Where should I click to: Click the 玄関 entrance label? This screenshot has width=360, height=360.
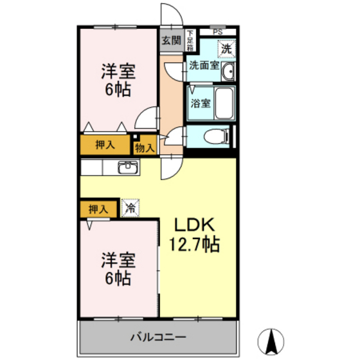pyautogui.click(x=170, y=40)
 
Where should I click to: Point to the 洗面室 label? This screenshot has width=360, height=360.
pyautogui.click(x=203, y=66)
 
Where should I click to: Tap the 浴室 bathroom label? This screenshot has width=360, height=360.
pyautogui.click(x=199, y=103)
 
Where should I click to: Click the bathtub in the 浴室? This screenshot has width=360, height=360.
pyautogui.click(x=223, y=102)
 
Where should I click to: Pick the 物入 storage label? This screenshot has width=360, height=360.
pyautogui.click(x=145, y=147)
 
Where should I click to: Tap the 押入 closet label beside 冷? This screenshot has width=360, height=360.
pyautogui.click(x=98, y=209)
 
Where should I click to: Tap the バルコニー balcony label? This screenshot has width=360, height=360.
pyautogui.click(x=158, y=337)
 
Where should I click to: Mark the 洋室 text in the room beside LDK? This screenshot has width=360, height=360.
pyautogui.click(x=118, y=261)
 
